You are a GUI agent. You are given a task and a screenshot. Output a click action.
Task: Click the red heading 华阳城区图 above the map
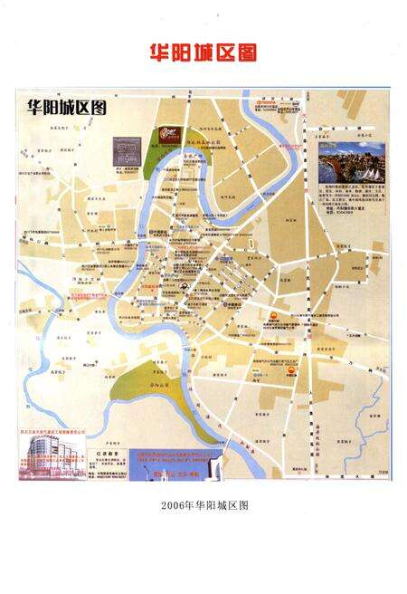203,53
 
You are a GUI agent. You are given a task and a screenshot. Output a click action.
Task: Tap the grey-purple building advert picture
129,149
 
